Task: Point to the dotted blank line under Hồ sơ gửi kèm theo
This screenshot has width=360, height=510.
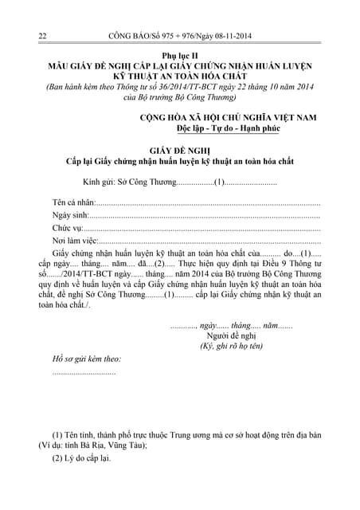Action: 84,373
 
